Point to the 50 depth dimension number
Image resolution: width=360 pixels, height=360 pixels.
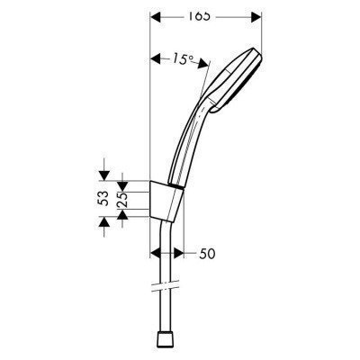tap(208, 255)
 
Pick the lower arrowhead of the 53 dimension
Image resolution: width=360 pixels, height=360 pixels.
tap(105, 224)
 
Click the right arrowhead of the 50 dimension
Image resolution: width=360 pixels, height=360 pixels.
tap(179, 255)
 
